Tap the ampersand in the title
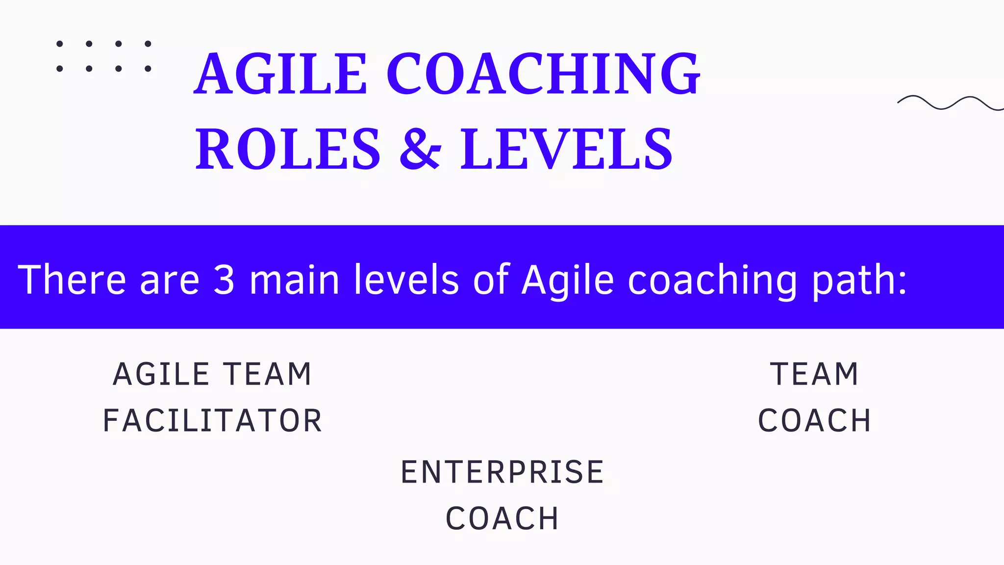(x=420, y=149)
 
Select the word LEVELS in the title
(x=566, y=149)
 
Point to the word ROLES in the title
(x=288, y=149)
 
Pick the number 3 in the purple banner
(x=224, y=280)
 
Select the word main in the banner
(x=294, y=280)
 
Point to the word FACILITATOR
(x=212, y=421)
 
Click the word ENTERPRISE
(x=502, y=472)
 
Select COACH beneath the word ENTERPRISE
(x=502, y=518)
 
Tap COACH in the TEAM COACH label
(x=814, y=421)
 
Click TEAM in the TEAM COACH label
(x=814, y=374)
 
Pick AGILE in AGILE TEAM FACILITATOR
(x=161, y=374)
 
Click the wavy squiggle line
(x=950, y=103)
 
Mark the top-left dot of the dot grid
(x=60, y=44)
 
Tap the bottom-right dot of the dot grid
(x=148, y=69)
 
